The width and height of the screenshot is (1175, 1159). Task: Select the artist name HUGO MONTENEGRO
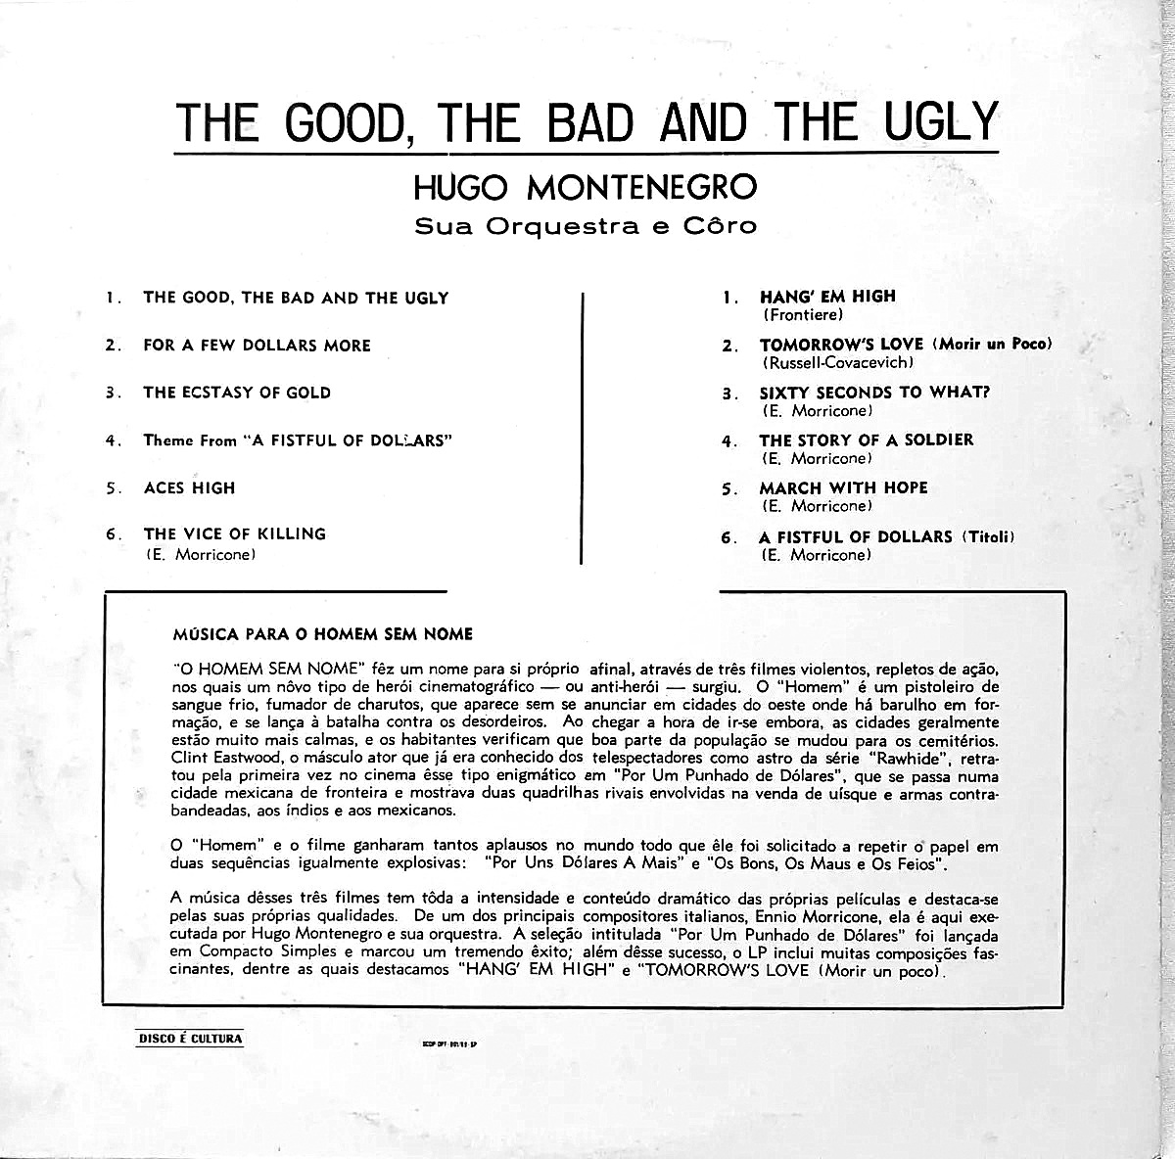(x=587, y=186)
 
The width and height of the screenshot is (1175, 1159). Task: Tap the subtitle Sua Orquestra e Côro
(x=586, y=227)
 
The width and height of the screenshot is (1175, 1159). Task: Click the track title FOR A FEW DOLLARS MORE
(x=257, y=346)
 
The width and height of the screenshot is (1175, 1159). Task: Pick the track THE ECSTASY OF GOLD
(x=237, y=393)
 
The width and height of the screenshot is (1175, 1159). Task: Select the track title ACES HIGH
(x=189, y=487)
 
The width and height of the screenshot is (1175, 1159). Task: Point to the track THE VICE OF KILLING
(x=234, y=533)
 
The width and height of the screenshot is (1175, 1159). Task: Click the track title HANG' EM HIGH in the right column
(x=827, y=297)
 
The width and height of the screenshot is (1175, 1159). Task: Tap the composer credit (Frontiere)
(x=801, y=315)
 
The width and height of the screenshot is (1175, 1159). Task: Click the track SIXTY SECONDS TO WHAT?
(x=875, y=393)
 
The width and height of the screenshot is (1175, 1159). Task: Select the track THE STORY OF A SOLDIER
(x=866, y=440)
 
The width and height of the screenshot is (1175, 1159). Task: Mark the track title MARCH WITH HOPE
(x=843, y=487)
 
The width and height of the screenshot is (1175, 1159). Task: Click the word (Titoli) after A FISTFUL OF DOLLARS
(x=988, y=536)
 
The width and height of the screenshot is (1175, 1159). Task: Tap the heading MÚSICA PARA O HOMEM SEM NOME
(x=321, y=634)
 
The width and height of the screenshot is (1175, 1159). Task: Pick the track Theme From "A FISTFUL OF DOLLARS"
(x=298, y=440)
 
